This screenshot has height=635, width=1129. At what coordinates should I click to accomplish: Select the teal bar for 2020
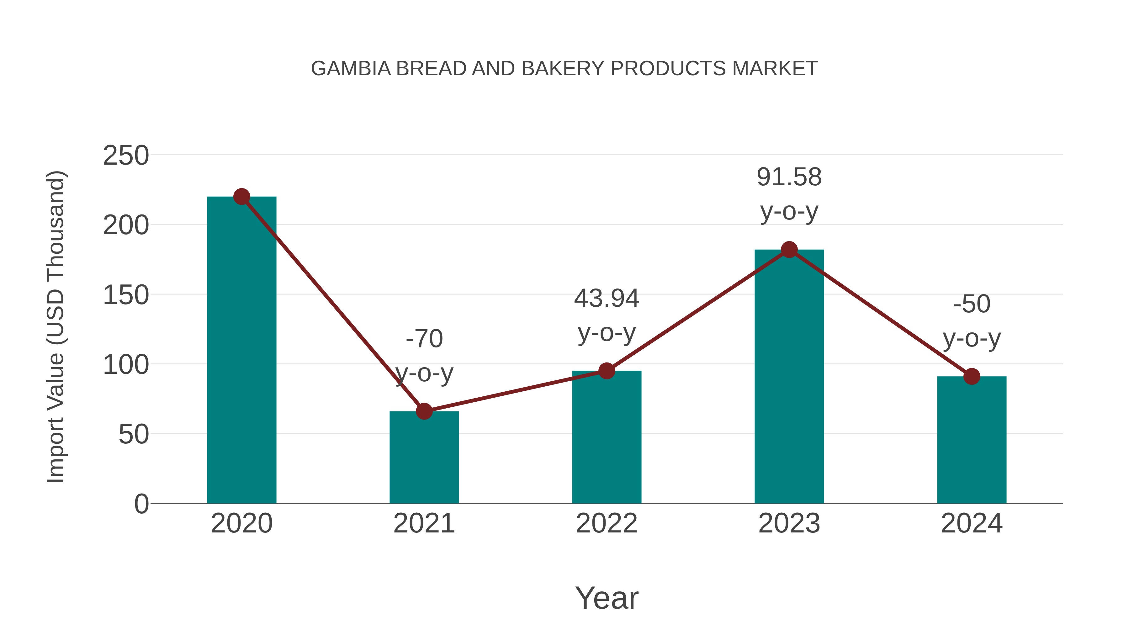click(x=241, y=351)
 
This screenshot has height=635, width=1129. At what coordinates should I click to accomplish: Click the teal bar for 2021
click(x=424, y=458)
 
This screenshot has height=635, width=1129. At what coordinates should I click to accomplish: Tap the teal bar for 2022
click(x=607, y=438)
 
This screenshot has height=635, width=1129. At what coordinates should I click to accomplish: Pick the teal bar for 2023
click(x=789, y=377)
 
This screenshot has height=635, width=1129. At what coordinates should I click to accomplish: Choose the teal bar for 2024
click(x=972, y=441)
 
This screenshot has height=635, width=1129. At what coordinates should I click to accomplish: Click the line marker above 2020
click(x=241, y=197)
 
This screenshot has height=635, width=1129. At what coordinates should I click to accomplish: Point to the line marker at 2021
click(x=424, y=411)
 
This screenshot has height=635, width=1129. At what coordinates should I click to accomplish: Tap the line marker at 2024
click(x=972, y=376)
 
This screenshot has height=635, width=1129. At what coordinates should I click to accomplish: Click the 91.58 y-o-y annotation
click(x=789, y=194)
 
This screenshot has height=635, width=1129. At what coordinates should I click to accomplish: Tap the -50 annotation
click(x=972, y=321)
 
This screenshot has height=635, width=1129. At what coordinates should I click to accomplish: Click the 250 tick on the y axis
click(x=126, y=156)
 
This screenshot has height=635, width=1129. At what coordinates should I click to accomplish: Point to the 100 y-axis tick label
click(x=126, y=365)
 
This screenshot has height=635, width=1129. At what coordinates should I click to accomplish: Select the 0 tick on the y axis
click(x=141, y=504)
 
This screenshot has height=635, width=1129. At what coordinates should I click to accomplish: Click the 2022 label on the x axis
click(x=607, y=524)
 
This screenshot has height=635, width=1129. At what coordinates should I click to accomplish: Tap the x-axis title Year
click(x=607, y=598)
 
